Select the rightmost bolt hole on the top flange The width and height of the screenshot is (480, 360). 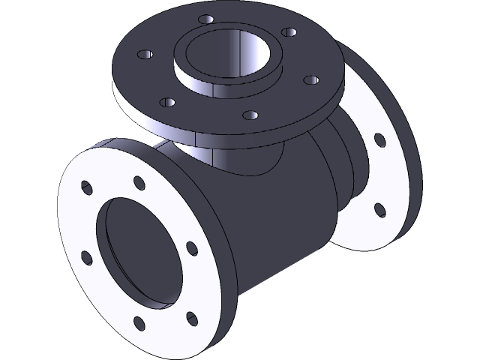(307, 78)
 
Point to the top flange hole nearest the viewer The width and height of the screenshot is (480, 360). (252, 115)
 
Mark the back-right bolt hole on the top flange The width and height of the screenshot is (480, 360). (286, 32)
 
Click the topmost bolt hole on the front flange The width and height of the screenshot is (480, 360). (139, 181)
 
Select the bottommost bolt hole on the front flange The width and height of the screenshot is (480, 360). (139, 325)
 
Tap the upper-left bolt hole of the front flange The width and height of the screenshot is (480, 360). (87, 186)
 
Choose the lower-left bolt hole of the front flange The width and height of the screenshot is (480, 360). (86, 258)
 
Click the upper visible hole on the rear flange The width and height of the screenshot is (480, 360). (379, 139)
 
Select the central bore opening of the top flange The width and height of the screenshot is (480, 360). (228, 56)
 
